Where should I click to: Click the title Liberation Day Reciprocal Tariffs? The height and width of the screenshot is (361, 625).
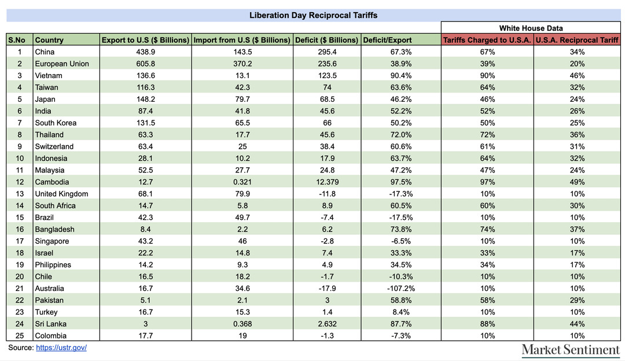(313, 16)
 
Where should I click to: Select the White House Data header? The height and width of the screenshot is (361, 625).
(531, 28)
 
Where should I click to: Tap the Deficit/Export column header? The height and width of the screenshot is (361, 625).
(387, 40)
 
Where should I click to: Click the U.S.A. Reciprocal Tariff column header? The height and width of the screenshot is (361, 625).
(577, 40)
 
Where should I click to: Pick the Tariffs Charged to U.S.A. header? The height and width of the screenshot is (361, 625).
(487, 40)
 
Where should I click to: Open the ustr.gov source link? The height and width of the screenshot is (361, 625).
(61, 348)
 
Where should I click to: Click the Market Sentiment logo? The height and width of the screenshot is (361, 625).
(571, 350)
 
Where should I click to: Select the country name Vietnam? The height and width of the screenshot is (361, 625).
(49, 76)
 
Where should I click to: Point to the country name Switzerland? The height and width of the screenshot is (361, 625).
(54, 146)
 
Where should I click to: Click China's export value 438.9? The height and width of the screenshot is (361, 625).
(145, 52)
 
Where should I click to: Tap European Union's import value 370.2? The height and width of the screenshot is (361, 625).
(242, 64)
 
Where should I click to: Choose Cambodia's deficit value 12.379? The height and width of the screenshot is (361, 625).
(327, 182)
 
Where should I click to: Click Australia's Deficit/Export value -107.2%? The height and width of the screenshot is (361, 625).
(401, 289)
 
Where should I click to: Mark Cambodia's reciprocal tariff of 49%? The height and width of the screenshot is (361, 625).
(577, 182)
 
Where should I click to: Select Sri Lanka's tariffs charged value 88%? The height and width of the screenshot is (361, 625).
(487, 324)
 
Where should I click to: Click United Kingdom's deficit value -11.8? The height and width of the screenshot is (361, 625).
(327, 194)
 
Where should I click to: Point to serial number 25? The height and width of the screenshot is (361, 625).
(20, 336)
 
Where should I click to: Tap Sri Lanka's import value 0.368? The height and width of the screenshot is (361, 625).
(242, 324)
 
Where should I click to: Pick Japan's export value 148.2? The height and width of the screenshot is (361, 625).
(145, 99)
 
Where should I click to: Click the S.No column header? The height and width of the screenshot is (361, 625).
(17, 40)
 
